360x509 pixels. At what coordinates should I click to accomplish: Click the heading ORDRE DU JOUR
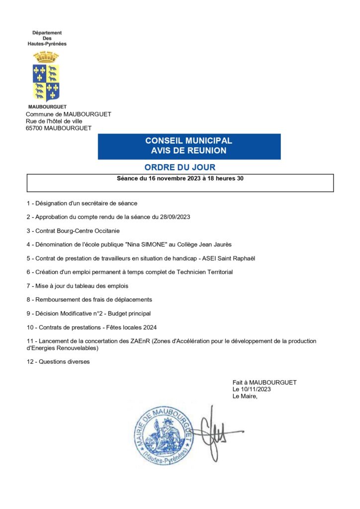click(180, 168)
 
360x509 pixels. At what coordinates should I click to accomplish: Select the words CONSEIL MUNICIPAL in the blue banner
click(188, 141)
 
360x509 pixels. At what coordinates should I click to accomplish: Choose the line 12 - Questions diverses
click(58, 362)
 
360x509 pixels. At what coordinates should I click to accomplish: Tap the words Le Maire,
click(245, 396)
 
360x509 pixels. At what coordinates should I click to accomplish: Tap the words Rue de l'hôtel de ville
click(54, 121)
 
